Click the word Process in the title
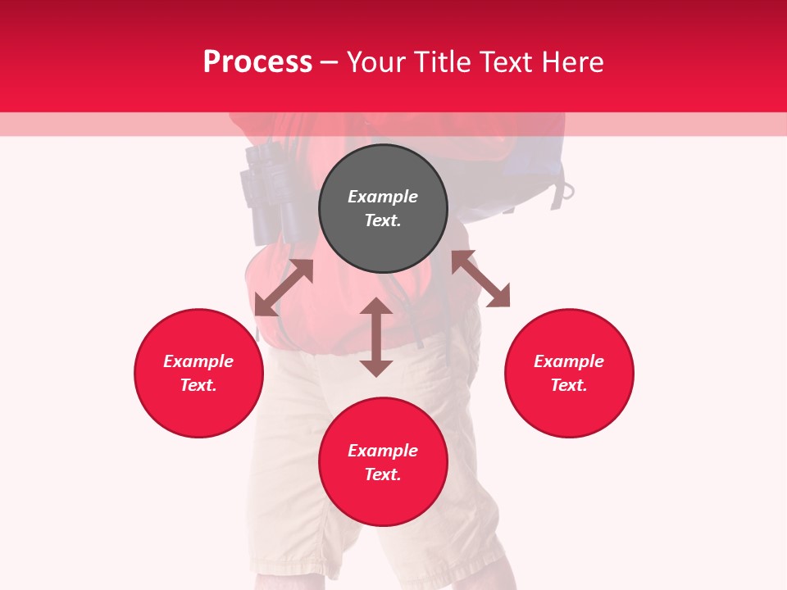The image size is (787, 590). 257,62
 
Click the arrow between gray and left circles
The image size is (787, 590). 284,288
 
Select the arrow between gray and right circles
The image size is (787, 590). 481,279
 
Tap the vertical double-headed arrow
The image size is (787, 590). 376,337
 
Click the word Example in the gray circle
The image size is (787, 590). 383,197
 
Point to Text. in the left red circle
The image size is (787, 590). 198,385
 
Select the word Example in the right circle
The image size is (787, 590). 569,361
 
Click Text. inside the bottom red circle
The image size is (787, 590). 383,474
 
